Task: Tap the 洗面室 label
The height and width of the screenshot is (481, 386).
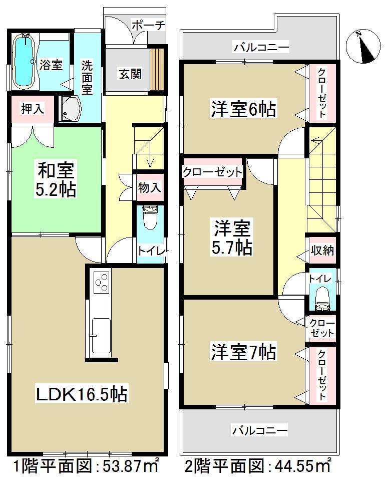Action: (87, 78)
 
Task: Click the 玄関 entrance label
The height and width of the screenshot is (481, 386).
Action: (130, 74)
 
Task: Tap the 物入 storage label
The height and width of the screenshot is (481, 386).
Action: (149, 188)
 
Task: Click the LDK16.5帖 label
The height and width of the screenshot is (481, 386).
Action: (81, 394)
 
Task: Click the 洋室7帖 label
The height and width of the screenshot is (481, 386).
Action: (242, 352)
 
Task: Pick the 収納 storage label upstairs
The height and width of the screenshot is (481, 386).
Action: (321, 251)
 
